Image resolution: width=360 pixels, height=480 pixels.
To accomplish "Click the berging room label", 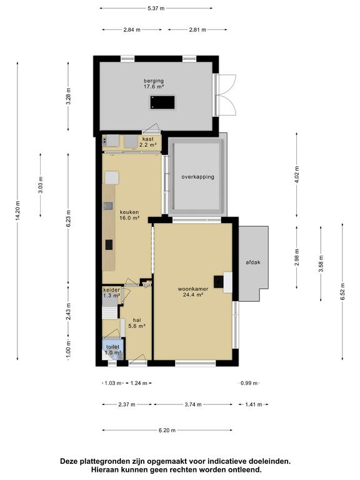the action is [154, 84].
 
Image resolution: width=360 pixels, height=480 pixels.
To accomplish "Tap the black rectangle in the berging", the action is [162, 102].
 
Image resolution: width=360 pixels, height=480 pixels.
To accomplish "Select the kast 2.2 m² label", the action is [148, 142].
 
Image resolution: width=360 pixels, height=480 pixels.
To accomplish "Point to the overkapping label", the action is [197, 177].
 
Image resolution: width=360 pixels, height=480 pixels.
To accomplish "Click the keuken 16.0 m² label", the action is [129, 215].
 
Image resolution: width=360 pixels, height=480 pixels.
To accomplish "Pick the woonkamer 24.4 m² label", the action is [193, 292].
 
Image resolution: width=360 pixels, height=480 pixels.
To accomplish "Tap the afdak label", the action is [253, 262].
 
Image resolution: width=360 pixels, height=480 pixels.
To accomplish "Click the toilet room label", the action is [112, 349].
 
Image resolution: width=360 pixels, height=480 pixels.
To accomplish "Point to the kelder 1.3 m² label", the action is [111, 292].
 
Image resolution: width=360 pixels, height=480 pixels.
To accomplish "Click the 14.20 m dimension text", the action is [17, 211].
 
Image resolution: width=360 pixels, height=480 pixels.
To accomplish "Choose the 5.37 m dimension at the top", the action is [156, 8].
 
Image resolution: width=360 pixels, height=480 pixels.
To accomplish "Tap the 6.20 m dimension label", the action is [167, 430].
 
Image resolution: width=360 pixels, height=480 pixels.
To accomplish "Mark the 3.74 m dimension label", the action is [193, 404].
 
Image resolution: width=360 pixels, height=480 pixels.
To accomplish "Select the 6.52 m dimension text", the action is [342, 291].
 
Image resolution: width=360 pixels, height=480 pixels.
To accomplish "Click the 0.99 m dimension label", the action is [249, 383].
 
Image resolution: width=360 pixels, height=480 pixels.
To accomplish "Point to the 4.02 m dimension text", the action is [297, 174].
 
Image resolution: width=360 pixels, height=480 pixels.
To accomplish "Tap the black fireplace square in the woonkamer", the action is [219, 282].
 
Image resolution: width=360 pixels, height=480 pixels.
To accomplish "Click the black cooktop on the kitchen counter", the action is [109, 244].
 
